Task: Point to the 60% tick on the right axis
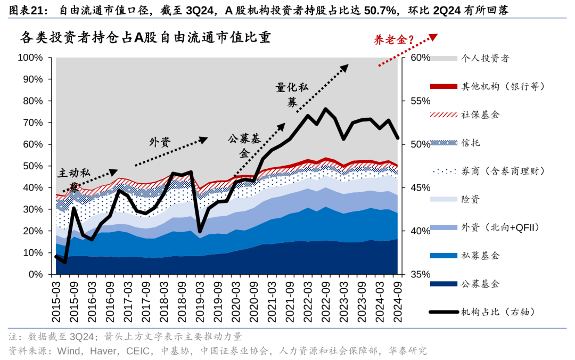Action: pyautogui.click(x=420, y=58)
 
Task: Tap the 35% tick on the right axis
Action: pyautogui.click(x=420, y=274)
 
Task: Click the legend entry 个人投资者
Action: pyautogui.click(x=485, y=58)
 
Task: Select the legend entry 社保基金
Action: pyautogui.click(x=480, y=114)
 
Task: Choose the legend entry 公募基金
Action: pyautogui.click(x=480, y=284)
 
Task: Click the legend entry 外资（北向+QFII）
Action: pyautogui.click(x=500, y=227)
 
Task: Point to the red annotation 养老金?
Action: pyautogui.click(x=394, y=40)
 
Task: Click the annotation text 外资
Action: pyautogui.click(x=159, y=142)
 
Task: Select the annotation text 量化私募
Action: pyautogui.click(x=292, y=95)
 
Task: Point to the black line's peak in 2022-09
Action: pyautogui.click(x=326, y=109)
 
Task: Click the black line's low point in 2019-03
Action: pyautogui.click(x=200, y=231)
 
